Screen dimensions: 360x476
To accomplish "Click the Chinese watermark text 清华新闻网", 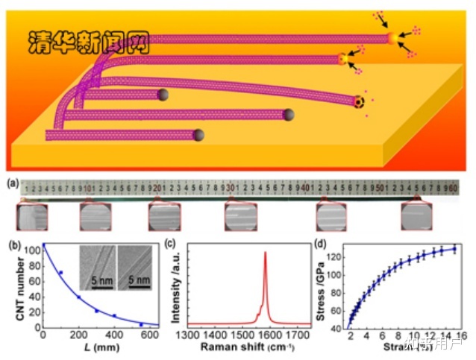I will tap(88, 42).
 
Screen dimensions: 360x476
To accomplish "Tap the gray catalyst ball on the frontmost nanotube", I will tap(199, 135).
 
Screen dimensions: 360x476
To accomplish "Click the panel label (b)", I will tap(13, 244).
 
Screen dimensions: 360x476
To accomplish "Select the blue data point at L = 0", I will tap(43, 245).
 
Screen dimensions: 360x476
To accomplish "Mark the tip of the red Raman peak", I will tap(265, 252).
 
